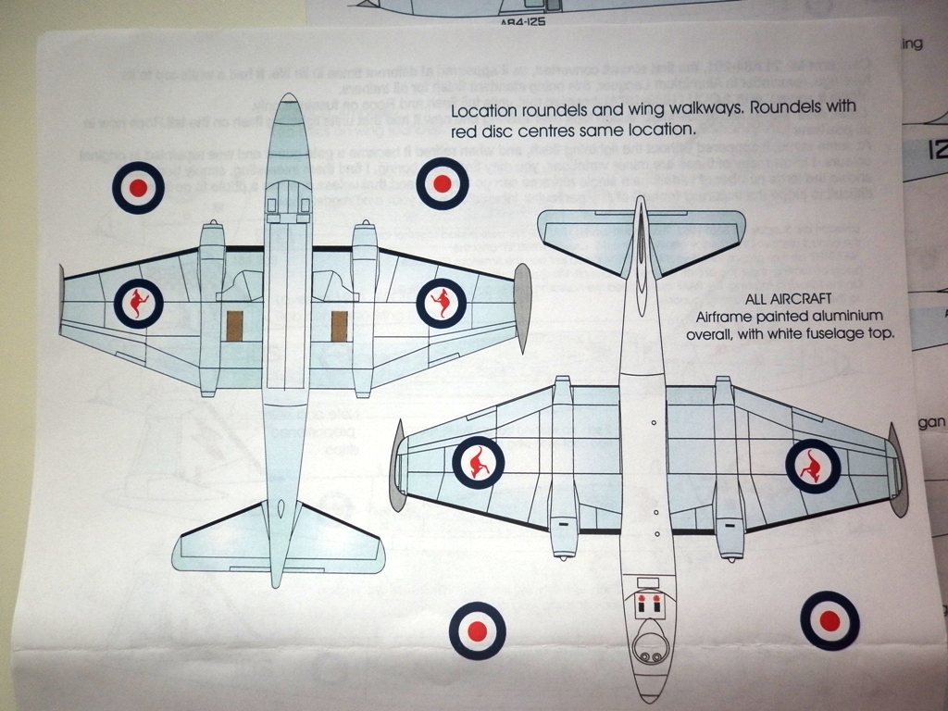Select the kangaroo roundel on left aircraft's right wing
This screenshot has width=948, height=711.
tap(442, 303)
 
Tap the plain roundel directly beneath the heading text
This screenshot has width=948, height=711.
tap(442, 184)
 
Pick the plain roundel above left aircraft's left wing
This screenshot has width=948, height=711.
tap(138, 187)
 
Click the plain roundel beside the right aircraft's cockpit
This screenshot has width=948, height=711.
tap(477, 630)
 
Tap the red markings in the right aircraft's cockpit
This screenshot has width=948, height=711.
tap(648, 604)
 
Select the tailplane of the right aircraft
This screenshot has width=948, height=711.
tap(641, 239)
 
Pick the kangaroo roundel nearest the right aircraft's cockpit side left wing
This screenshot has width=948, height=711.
tap(478, 463)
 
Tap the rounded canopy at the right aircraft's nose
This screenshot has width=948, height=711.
tap(648, 642)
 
